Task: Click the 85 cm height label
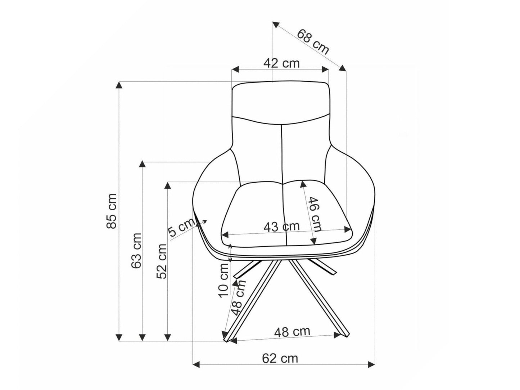click(111, 211)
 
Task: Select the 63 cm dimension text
click(136, 251)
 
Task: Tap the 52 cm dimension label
click(162, 261)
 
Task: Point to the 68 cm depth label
click(313, 42)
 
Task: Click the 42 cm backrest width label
click(281, 63)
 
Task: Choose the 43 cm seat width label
click(282, 227)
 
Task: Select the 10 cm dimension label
click(223, 280)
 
